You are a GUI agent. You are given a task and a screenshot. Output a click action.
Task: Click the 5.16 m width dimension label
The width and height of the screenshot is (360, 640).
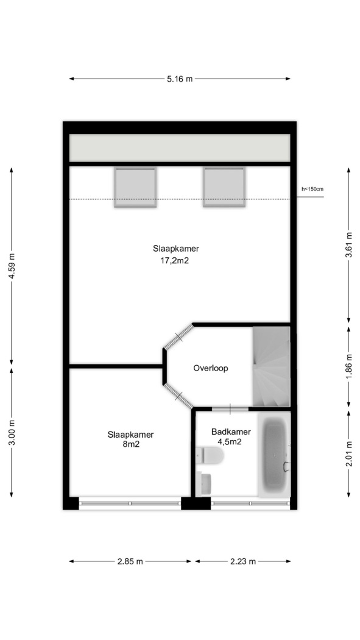(x=179, y=79)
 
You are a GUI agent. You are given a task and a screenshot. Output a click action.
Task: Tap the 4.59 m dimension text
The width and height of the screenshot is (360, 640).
(x=12, y=266)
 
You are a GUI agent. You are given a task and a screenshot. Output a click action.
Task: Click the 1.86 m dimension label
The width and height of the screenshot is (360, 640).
(x=348, y=366)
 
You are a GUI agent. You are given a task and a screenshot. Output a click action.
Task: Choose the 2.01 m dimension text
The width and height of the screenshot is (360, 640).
(x=348, y=454)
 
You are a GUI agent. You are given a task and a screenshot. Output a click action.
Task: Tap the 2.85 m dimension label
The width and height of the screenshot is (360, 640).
(x=130, y=561)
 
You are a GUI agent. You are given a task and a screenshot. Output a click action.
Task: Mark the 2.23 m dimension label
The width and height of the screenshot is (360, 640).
(x=243, y=561)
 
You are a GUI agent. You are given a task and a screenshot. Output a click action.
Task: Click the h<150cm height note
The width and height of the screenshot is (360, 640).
(x=312, y=189)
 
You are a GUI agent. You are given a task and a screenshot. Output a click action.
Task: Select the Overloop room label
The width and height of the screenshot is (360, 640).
(x=210, y=368)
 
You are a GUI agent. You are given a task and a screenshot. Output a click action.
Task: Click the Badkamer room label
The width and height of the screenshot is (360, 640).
(x=231, y=432)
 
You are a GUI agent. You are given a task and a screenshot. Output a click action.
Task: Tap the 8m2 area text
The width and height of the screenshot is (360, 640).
(x=131, y=444)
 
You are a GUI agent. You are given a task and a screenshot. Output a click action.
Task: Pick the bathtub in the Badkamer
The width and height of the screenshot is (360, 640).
(x=275, y=453)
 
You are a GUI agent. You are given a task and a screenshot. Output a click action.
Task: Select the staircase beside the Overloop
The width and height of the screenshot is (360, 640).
(x=271, y=366)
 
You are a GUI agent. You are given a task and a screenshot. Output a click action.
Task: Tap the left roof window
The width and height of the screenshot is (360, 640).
(x=135, y=188)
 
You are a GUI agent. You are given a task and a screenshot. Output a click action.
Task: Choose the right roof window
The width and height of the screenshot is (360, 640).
(x=224, y=188)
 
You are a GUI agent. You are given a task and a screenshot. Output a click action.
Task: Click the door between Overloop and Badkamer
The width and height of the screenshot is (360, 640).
(x=230, y=408)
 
